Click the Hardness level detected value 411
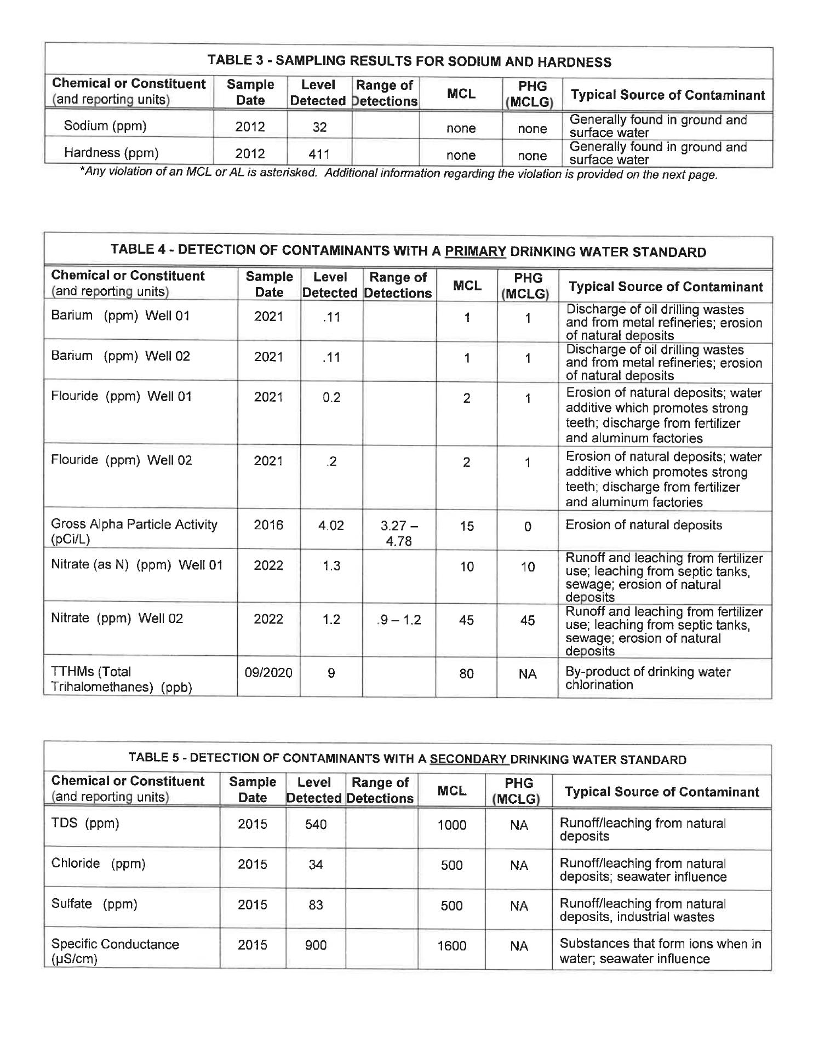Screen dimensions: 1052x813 tap(319, 155)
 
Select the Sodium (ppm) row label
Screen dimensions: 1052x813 tap(105, 125)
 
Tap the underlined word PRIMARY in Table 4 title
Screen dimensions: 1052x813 tap(475, 251)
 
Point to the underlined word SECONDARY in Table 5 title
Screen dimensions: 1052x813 tap(469, 759)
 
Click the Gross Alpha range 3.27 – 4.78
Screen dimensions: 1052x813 tap(398, 533)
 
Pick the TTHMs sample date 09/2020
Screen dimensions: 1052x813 tap(268, 673)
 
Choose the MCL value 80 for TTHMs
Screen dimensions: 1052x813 tap(466, 673)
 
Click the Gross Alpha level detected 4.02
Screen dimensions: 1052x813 tap(331, 525)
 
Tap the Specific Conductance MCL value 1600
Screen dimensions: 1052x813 tap(451, 946)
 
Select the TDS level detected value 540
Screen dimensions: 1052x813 tap(316, 824)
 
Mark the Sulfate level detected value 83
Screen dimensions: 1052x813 tap(316, 905)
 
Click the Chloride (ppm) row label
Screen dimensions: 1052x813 tap(98, 864)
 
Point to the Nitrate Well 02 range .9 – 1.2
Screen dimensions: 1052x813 tap(399, 620)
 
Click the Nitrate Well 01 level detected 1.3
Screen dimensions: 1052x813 tap(331, 566)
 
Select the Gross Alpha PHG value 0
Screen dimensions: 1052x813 tap(528, 527)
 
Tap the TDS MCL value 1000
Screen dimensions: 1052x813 tap(451, 825)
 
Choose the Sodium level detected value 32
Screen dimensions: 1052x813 tap(319, 127)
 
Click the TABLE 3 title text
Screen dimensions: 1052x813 tap(409, 61)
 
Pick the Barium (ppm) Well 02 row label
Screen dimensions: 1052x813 tap(121, 356)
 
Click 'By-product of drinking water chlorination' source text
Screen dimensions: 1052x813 tap(648, 678)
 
